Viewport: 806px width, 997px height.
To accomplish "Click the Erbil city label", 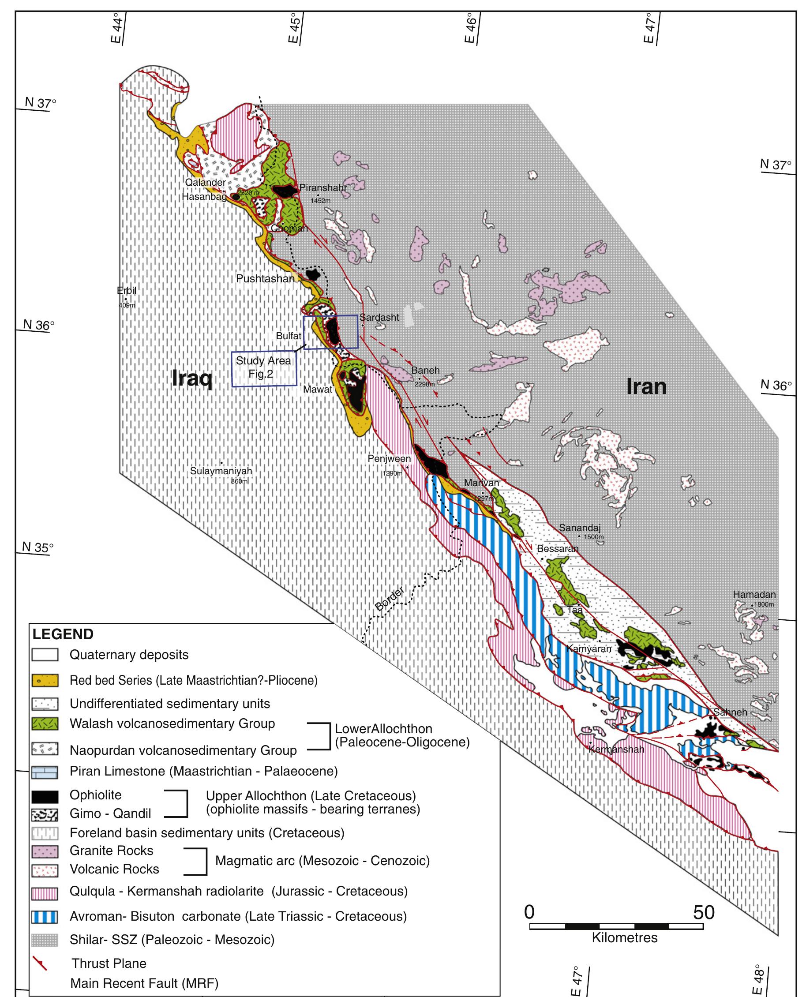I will point(126,291).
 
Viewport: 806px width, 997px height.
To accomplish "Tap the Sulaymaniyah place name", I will point(221,471).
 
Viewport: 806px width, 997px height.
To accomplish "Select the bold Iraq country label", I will point(192,378).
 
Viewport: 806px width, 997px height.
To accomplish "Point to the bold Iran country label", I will point(646,386).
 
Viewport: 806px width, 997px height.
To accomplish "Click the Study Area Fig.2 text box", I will point(264,367).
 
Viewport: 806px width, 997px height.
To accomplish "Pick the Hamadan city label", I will point(754,594).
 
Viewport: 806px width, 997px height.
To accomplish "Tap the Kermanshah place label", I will point(616,749).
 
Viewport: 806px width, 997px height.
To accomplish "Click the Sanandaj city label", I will point(579,528).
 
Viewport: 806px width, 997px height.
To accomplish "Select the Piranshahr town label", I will point(322,187).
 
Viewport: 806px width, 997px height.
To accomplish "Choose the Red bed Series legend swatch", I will point(45,680).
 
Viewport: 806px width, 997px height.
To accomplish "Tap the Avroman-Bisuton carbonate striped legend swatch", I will point(45,917).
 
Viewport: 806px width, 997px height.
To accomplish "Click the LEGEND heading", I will point(63,634).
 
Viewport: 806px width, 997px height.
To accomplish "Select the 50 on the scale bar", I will point(703,913).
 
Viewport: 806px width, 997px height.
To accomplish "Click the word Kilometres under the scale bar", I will point(625,937).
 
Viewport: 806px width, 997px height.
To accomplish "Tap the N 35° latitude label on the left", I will point(38,547).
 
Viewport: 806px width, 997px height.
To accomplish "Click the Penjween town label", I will point(389,459).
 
